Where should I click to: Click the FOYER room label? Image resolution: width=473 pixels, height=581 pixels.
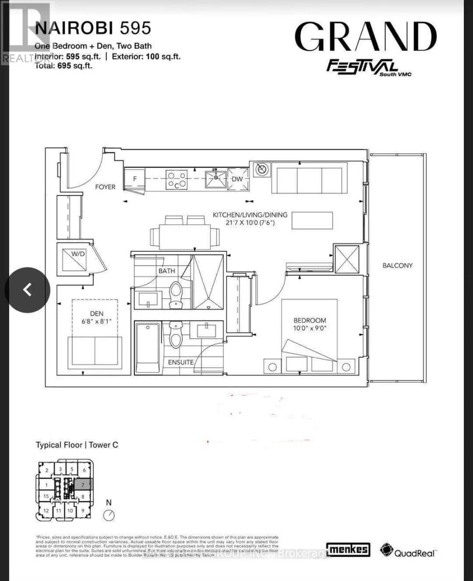[105, 187]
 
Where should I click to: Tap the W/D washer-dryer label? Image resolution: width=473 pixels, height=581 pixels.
[78, 253]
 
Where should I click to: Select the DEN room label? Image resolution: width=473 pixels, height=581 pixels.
[96, 313]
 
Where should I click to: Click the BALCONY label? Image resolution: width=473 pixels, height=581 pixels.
[397, 265]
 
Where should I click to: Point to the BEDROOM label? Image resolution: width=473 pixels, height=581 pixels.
[310, 320]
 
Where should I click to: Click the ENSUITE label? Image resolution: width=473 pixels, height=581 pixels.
[181, 362]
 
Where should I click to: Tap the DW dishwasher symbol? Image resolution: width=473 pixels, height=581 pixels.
[237, 179]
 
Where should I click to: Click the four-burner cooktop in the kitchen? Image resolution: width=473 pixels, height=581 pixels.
[177, 180]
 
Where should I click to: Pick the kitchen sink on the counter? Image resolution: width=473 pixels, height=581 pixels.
[216, 179]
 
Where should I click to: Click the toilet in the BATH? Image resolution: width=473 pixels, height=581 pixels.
[176, 294]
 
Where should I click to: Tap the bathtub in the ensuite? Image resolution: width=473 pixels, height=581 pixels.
[148, 347]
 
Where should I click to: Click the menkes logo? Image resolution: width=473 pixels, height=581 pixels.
[348, 549]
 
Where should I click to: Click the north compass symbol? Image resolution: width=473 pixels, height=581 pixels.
[109, 515]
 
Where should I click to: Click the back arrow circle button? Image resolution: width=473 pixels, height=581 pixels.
[28, 290]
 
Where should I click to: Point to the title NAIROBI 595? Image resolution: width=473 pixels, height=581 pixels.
[93, 29]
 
